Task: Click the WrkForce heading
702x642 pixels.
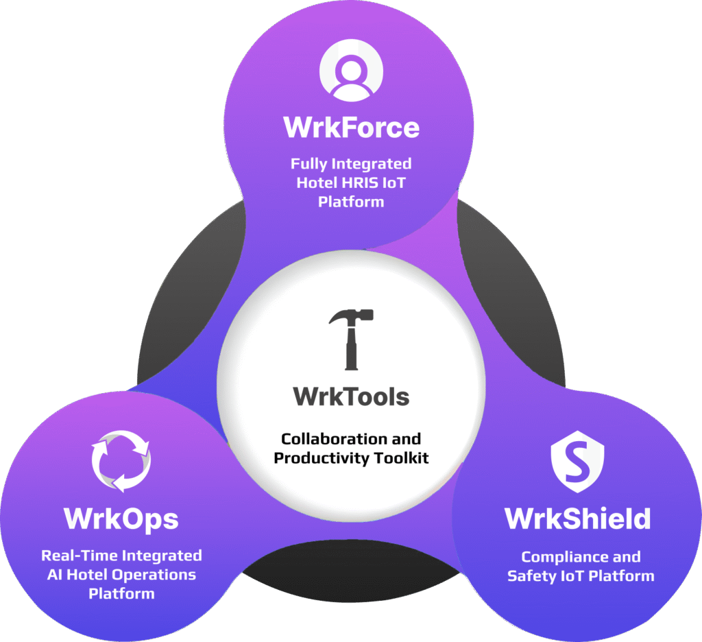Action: pos(351,127)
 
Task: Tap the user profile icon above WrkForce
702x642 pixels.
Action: pos(351,70)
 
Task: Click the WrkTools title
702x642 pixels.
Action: pos(351,396)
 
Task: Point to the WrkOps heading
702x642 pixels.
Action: pos(121,519)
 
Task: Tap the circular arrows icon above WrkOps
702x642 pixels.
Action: pos(121,460)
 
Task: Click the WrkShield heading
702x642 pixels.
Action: pos(578,519)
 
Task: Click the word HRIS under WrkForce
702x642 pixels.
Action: pos(371,183)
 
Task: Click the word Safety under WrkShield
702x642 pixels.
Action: pos(530,576)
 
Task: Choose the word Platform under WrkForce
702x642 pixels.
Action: pos(351,202)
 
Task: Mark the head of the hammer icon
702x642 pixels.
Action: pos(351,317)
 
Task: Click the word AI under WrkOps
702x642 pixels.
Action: pos(56,574)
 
